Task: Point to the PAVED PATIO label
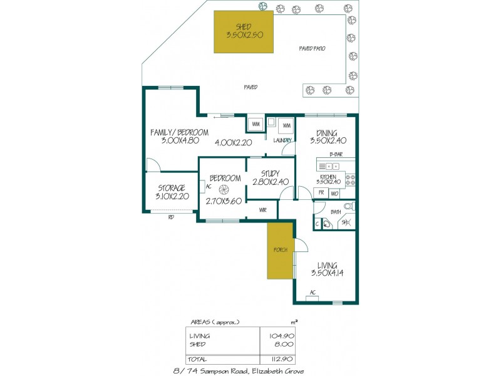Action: click(311, 48)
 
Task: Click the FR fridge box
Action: click(321, 193)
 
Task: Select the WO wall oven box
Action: click(334, 193)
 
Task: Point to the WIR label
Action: click(263, 211)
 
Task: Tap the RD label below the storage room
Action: click(170, 217)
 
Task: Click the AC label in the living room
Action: click(312, 293)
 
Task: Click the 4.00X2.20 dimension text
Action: click(233, 143)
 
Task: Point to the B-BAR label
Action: click(336, 154)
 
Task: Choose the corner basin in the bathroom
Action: click(328, 224)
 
